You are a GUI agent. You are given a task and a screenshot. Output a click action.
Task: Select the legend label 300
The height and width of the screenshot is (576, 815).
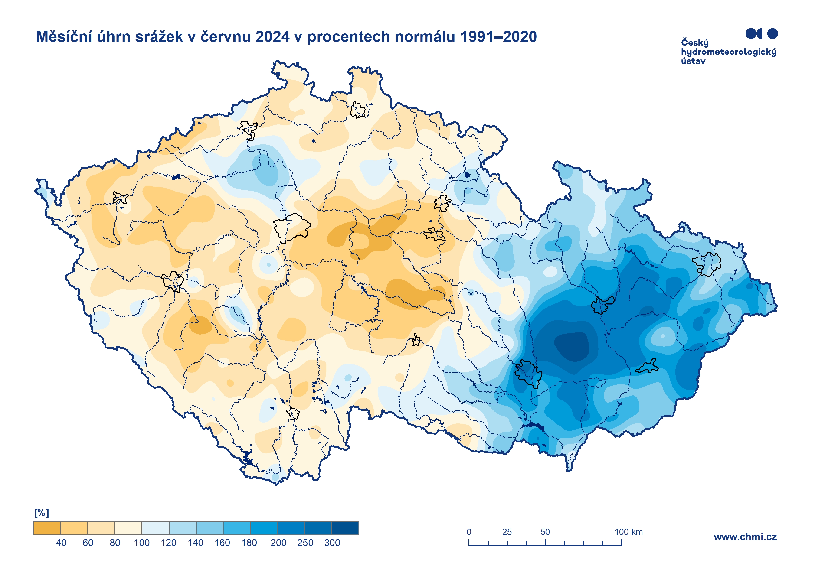pyautogui.click(x=332, y=543)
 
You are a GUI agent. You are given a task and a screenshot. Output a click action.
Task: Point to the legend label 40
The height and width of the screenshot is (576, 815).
pyautogui.click(x=61, y=543)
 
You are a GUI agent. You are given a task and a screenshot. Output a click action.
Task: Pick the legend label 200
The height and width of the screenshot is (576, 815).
pyautogui.click(x=278, y=543)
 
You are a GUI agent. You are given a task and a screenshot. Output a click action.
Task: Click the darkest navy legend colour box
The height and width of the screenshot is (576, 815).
pyautogui.click(x=345, y=528)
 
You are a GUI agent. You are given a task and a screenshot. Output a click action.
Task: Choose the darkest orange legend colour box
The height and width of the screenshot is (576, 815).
pyautogui.click(x=47, y=528)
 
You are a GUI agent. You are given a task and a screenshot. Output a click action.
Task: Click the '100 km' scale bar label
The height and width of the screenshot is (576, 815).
pyautogui.click(x=628, y=532)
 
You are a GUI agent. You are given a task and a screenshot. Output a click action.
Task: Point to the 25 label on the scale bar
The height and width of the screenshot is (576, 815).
pyautogui.click(x=507, y=532)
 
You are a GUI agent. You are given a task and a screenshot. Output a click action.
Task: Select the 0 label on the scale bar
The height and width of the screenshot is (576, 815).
pyautogui.click(x=469, y=532)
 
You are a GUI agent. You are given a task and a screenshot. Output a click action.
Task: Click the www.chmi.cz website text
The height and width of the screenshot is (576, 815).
pyautogui.click(x=745, y=537)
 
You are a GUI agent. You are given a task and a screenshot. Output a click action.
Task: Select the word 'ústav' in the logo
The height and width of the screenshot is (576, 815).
pyautogui.click(x=693, y=61)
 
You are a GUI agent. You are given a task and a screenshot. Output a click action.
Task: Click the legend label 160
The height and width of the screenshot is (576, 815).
pyautogui.click(x=222, y=543)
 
